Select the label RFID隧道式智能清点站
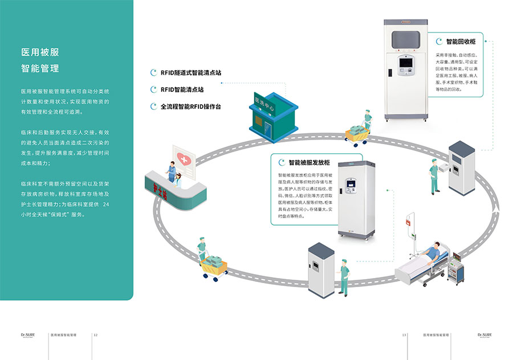coord(190,73)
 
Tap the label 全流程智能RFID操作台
coord(190,107)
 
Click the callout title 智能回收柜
coord(461,41)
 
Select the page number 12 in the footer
coord(96,335)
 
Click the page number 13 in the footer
coord(404,335)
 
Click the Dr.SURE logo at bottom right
coord(485,335)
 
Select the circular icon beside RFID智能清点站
coord(153,89)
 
